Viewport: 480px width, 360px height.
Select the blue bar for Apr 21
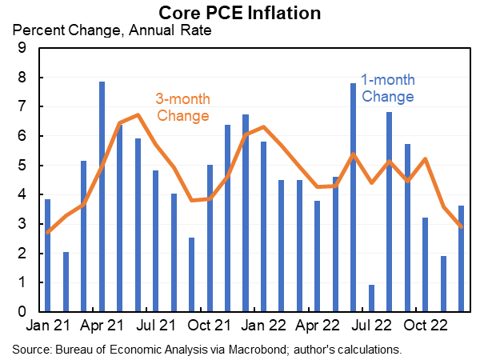[x=102, y=197]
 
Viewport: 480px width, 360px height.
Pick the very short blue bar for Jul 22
[x=372, y=298]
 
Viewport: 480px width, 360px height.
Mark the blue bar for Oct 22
[x=426, y=265]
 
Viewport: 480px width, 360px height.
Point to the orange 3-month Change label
[x=182, y=108]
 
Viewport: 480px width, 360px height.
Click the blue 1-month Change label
[x=387, y=89]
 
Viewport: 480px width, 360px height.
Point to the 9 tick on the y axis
[x=22, y=49]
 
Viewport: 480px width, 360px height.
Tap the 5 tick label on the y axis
[x=22, y=166]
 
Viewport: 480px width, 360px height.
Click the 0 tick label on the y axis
[x=22, y=312]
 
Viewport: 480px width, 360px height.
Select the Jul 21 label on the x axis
[x=155, y=327]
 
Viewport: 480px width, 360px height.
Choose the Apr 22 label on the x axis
[x=318, y=327]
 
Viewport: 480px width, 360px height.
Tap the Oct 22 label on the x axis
[x=426, y=327]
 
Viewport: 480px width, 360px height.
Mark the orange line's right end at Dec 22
[x=462, y=226]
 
